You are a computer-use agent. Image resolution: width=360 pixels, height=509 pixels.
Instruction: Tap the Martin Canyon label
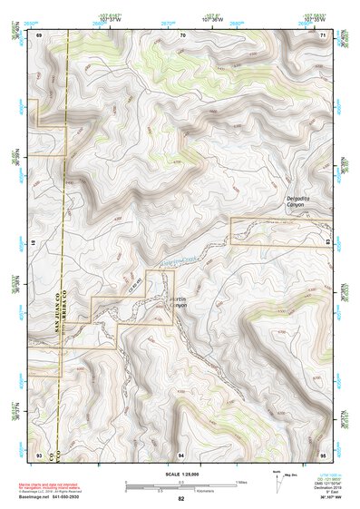pyautogui.click(x=177, y=301)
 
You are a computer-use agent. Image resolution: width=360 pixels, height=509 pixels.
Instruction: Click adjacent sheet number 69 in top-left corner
pyautogui.click(x=40, y=34)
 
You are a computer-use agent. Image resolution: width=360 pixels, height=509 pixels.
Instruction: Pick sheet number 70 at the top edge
pyautogui.click(x=183, y=34)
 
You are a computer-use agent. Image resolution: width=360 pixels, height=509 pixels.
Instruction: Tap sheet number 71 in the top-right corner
pyautogui.click(x=324, y=34)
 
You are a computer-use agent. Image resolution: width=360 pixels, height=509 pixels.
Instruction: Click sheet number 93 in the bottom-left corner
pyautogui.click(x=40, y=452)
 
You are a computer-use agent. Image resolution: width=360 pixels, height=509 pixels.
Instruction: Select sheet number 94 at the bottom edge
pyautogui.click(x=182, y=452)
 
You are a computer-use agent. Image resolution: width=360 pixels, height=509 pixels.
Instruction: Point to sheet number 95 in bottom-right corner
pyautogui.click(x=323, y=452)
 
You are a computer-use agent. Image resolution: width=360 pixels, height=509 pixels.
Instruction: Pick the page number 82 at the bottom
pyautogui.click(x=181, y=498)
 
